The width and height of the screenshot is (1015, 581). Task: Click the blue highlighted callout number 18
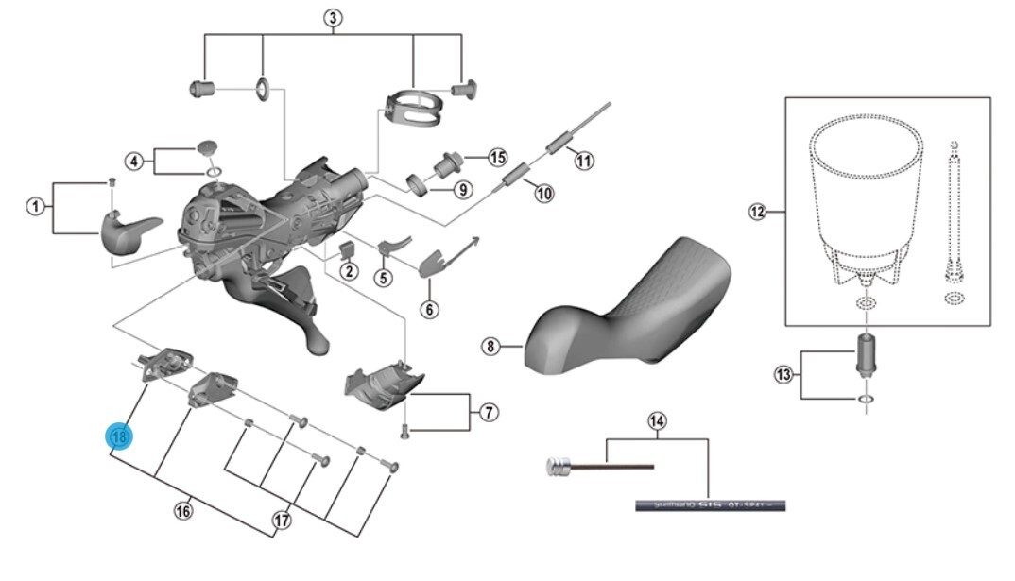120,437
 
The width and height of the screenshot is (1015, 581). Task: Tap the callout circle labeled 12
756,212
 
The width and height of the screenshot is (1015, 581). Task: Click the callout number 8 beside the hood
490,347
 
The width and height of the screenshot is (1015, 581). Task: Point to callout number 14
657,419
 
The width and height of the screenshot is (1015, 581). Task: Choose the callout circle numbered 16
183,511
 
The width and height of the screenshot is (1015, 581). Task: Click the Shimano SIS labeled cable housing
709,505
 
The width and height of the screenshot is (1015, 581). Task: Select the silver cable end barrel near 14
559,465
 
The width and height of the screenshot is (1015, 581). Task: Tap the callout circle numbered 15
498,157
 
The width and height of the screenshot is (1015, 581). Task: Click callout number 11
584,161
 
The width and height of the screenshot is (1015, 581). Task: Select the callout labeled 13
783,376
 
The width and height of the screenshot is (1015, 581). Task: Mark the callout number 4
135,161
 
